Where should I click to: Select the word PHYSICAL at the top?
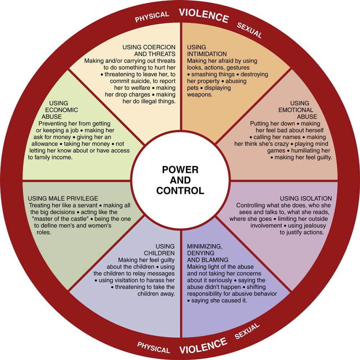tap(152, 17)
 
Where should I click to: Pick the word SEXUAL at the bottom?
tap(247, 332)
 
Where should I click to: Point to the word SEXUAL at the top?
tap(249, 30)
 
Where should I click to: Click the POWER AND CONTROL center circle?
tap(180, 180)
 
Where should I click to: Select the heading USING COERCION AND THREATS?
tap(149, 51)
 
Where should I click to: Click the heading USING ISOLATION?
tap(306, 199)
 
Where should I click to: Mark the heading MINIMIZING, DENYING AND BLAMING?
tap(208, 253)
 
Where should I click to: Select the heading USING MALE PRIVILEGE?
tap(63, 199)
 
